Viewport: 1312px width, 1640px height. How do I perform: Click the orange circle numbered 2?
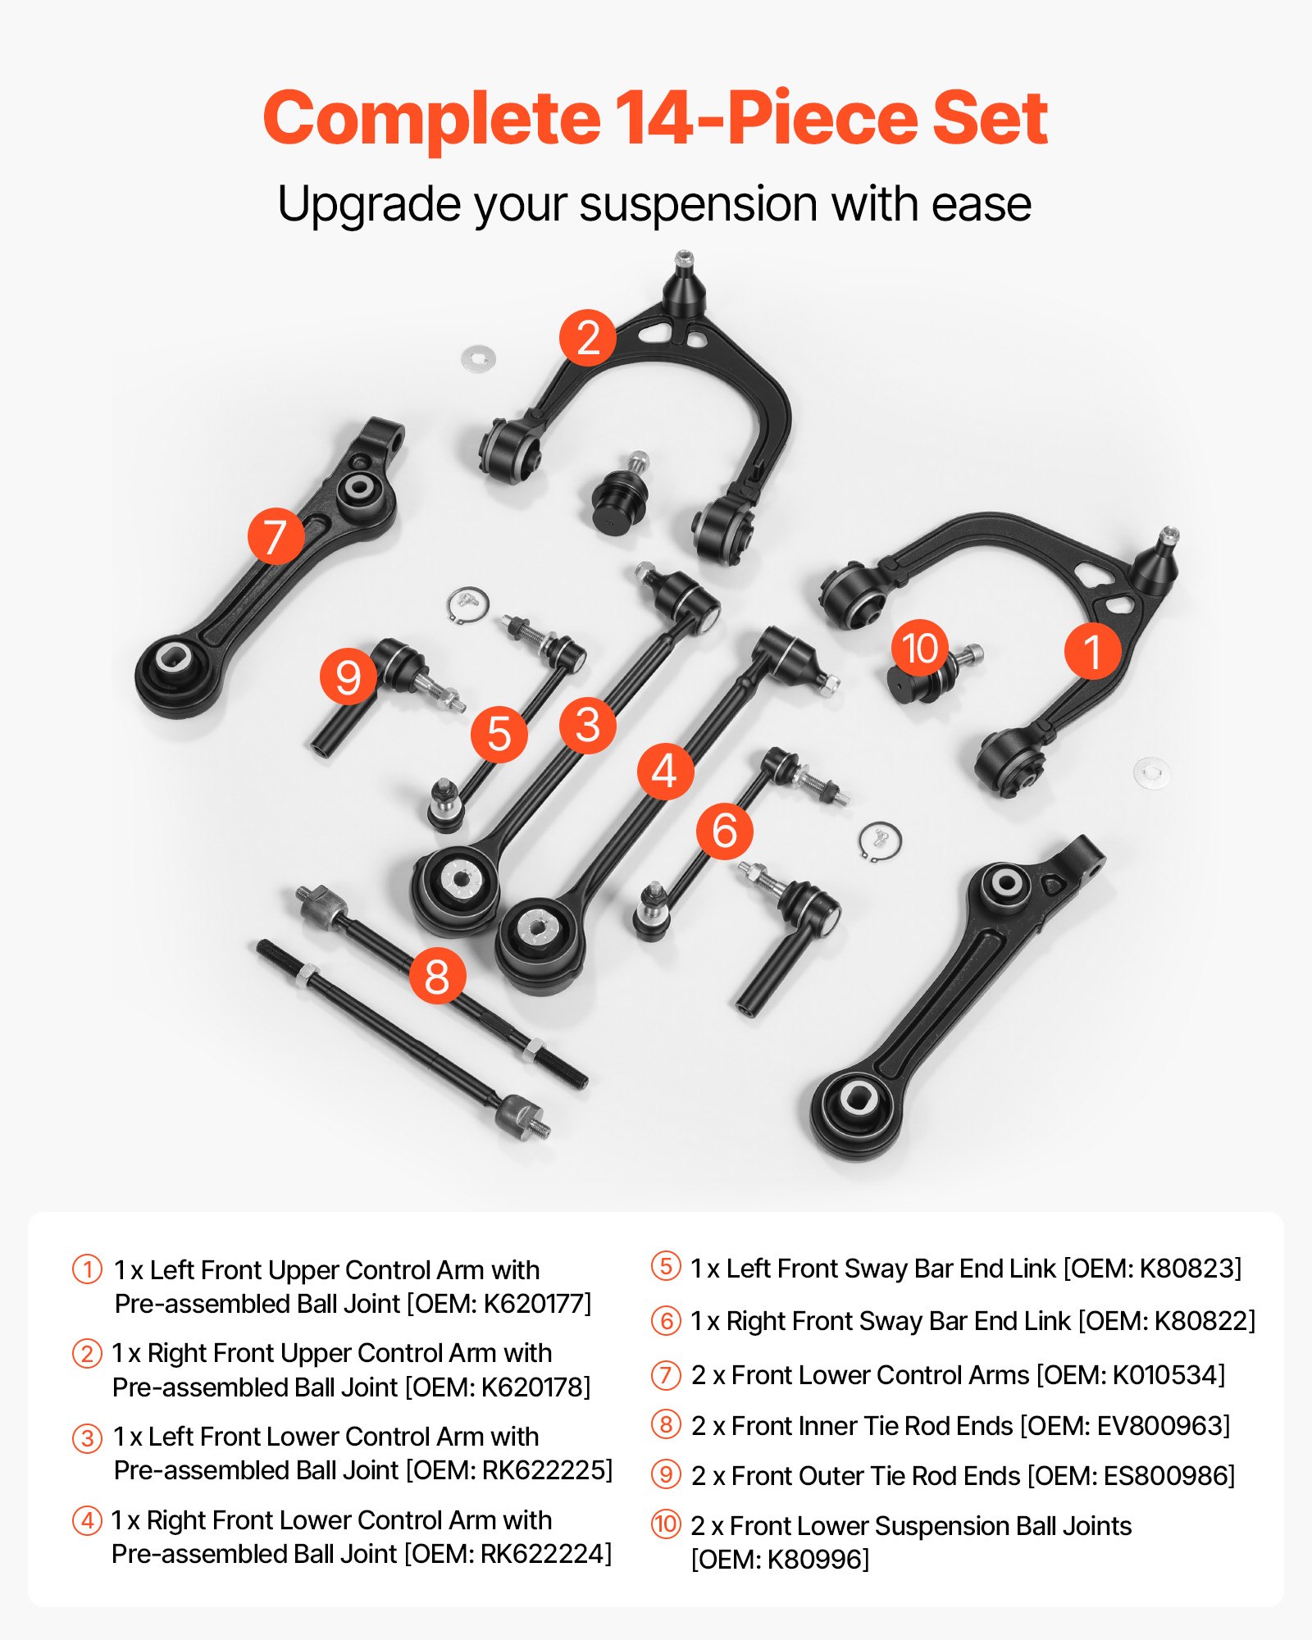coord(588,338)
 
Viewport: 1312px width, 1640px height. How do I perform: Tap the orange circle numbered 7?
coord(276,535)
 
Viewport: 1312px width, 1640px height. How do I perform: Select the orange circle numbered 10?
coord(919,648)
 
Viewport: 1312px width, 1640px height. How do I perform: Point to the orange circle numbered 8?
coord(437,976)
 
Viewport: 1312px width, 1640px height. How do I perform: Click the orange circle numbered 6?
coord(724,831)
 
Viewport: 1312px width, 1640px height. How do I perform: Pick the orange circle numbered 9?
coord(348,676)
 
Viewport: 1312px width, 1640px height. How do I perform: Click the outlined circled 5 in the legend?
coord(666,1267)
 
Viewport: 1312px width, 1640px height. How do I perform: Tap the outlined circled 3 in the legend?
coord(87,1438)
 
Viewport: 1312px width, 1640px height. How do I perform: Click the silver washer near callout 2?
coord(479,358)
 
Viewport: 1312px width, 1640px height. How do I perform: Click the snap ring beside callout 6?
coord(880,841)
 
